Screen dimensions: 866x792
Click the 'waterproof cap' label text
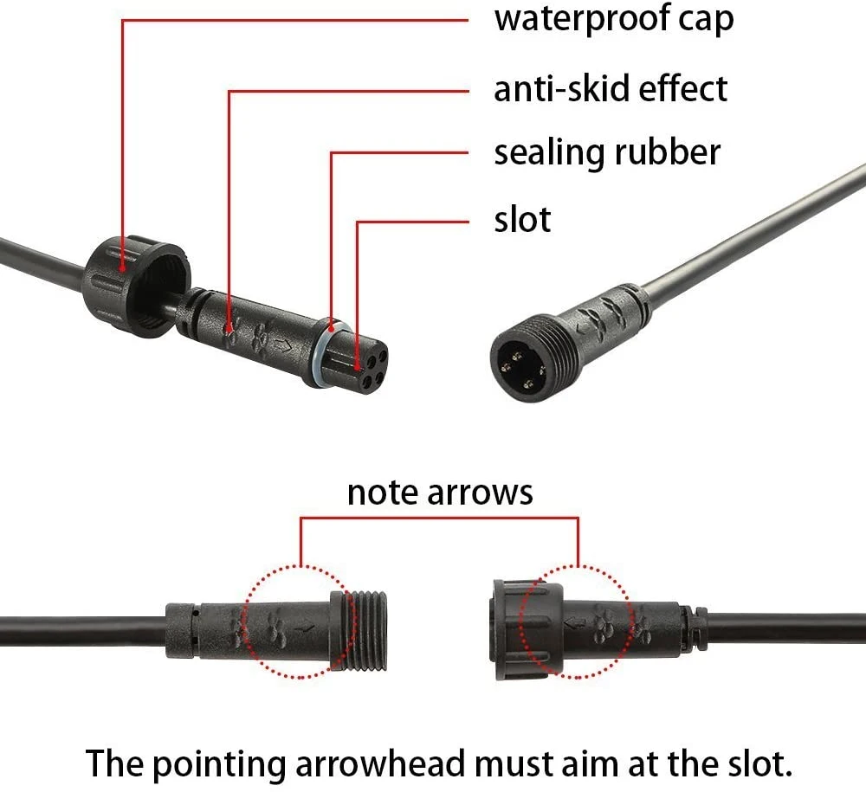tap(614, 20)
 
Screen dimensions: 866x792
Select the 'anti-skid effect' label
tap(611, 88)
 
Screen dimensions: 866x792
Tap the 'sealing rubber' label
tap(607, 152)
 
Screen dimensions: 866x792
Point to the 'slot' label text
tap(522, 220)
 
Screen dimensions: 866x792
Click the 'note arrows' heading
tap(440, 493)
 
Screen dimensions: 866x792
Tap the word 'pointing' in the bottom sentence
tap(218, 765)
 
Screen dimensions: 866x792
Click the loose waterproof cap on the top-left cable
tap(137, 286)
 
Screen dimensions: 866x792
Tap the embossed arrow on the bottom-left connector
tap(304, 628)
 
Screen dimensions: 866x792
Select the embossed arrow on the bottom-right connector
tap(575, 624)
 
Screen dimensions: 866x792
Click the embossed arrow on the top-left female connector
tap(283, 346)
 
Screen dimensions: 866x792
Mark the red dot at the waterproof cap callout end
tap(123, 269)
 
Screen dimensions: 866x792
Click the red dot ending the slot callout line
tap(358, 366)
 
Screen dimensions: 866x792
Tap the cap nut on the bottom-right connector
tap(526, 630)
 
